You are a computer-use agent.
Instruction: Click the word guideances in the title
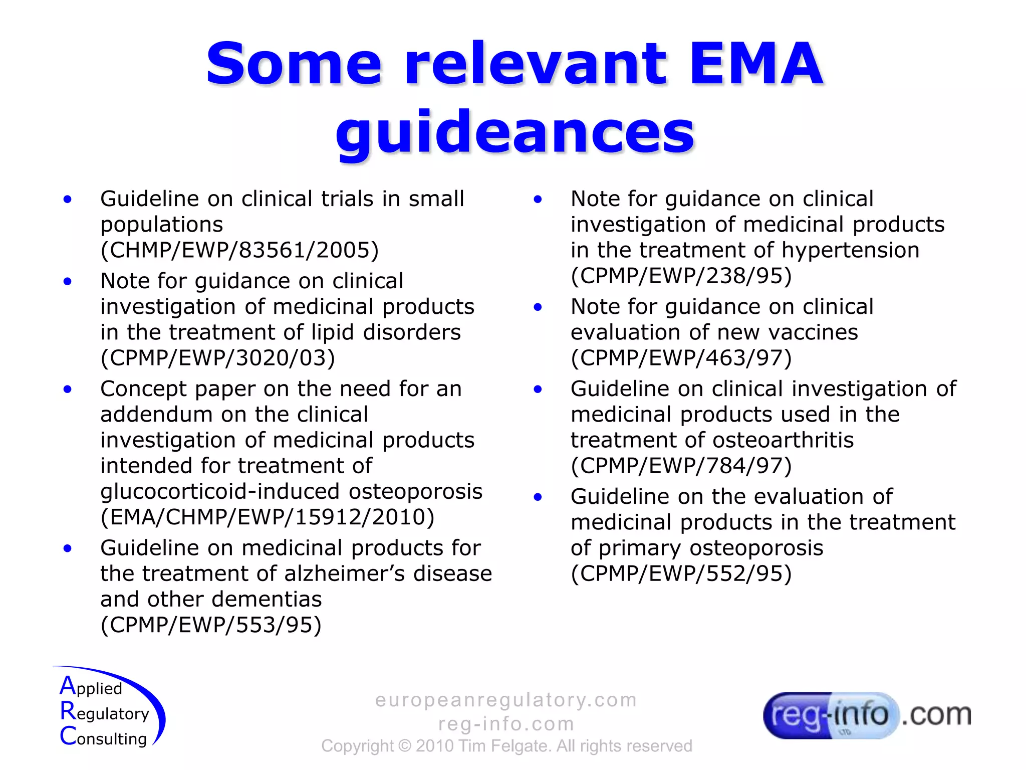pos(515,133)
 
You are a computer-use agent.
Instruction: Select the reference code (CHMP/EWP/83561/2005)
pos(239,250)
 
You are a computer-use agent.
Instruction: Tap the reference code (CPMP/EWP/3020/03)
pos(217,358)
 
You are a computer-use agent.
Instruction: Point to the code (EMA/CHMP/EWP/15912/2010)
pos(268,517)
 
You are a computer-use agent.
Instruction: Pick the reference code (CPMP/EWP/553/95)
pos(211,625)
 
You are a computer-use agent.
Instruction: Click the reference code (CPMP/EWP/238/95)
pos(681,276)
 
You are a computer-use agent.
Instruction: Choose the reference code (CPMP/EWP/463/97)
pos(681,358)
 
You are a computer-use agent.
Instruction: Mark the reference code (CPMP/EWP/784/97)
pos(681,466)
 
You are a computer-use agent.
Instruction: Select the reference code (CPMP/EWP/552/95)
pos(681,573)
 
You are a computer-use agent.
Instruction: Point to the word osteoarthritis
pos(783,440)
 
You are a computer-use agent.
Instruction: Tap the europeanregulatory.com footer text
pos(506,700)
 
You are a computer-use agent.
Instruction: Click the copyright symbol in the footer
pos(404,746)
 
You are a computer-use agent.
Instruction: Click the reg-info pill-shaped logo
pos(830,715)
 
